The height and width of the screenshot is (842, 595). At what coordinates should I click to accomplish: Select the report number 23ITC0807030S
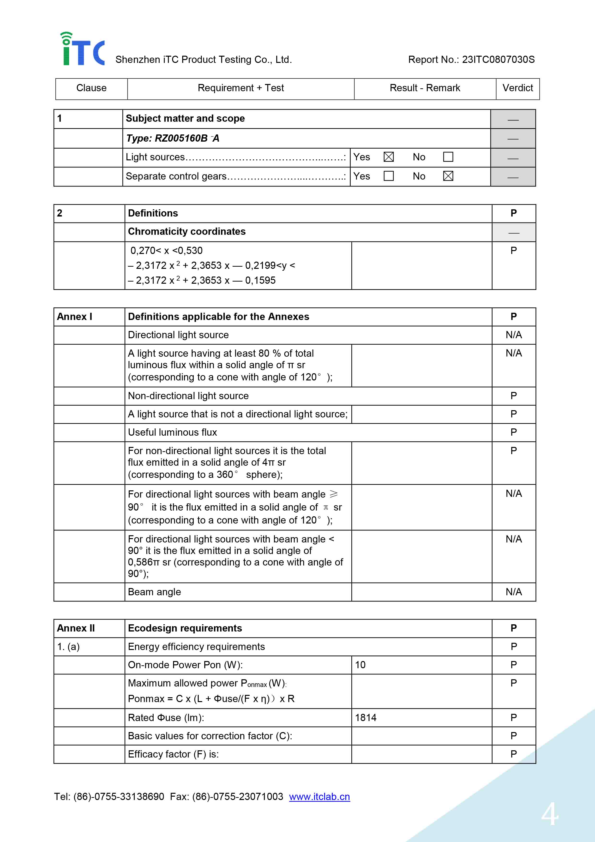498,60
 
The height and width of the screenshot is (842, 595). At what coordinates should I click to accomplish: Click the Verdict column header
517,88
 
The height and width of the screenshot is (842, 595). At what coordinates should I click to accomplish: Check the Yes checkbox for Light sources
389,157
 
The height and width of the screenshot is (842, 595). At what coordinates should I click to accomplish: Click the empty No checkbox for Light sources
448,157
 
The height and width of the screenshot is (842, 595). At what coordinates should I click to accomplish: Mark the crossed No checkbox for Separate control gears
448,176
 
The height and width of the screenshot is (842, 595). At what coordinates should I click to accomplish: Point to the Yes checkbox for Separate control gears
389,176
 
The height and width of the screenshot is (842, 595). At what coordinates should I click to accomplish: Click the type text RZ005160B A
172,138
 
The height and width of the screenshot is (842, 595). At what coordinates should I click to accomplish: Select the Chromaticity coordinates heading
186,231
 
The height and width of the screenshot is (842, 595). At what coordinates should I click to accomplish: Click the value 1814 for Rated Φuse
366,717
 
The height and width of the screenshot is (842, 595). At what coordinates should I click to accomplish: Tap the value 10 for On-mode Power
360,665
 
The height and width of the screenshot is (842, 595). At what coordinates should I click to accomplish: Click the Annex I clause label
74,317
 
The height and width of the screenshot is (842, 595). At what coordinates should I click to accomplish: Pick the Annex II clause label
76,628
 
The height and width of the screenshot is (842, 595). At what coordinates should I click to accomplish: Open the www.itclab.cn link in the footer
319,797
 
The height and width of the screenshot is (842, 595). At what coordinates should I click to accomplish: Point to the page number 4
550,814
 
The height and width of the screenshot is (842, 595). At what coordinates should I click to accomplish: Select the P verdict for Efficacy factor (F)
514,754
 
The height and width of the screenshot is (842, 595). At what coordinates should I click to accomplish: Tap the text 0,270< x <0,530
166,251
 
